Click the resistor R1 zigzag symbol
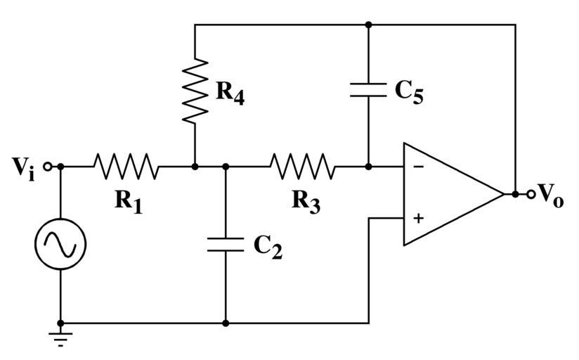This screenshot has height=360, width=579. (126, 167)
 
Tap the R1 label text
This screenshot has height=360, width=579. (129, 201)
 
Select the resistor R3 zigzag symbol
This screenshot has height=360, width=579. (302, 167)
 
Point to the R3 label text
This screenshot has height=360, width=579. (306, 201)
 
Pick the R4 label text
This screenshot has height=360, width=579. (230, 92)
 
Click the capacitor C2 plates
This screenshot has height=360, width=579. (226, 245)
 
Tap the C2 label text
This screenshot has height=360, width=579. (268, 247)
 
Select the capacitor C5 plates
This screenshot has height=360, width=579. (367, 89)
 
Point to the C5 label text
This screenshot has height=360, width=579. (409, 91)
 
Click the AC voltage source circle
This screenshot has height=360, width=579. (60, 244)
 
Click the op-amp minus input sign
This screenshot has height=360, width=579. (418, 167)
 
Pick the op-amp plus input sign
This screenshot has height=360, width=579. (418, 219)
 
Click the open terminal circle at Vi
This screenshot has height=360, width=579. (47, 167)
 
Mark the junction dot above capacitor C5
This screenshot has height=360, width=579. (367, 25)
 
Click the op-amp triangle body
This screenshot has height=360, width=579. (446, 194)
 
